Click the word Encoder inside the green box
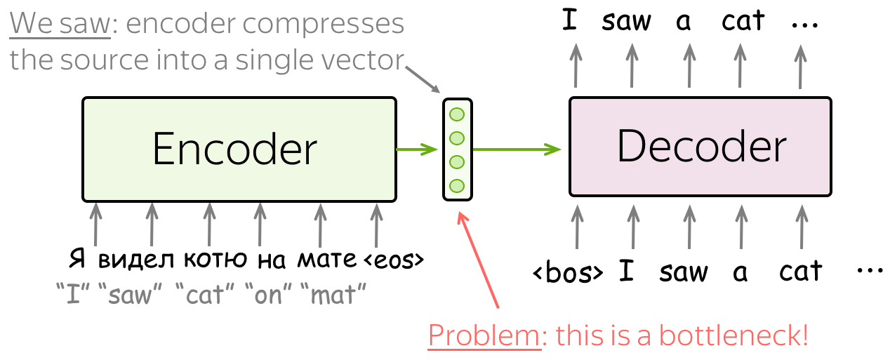tap(235, 149)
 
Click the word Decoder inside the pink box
tap(702, 146)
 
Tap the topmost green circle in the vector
tap(457, 114)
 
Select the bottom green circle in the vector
tap(457, 186)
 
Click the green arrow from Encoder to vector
tap(417, 149)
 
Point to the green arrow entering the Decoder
tap(517, 149)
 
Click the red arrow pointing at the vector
tap(478, 260)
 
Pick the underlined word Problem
tap(484, 335)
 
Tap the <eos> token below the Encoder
tap(394, 260)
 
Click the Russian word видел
tap(136, 260)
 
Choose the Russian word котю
tap(215, 259)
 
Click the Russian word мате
tap(326, 260)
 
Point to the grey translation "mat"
tap(333, 295)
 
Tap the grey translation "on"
tap(269, 295)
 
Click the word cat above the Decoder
tap(743, 20)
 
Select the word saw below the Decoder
tap(684, 272)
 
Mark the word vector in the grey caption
tap(362, 60)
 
